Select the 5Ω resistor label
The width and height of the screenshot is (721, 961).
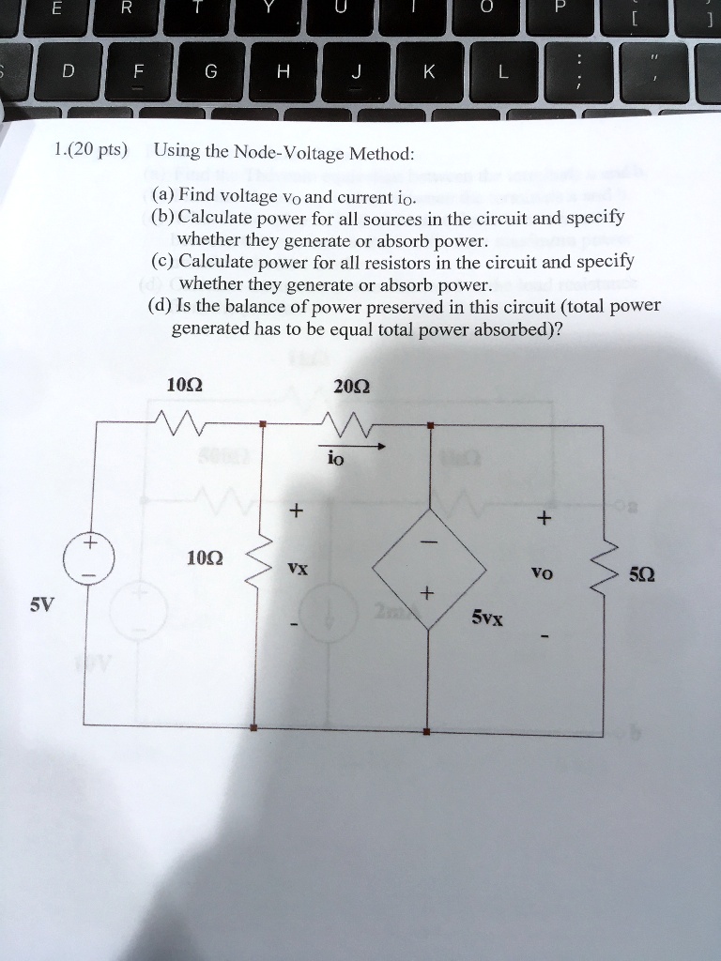[x=642, y=574]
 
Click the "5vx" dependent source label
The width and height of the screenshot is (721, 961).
[x=487, y=618]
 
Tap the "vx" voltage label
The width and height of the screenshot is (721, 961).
[x=297, y=569]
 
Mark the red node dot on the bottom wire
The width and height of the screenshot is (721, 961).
[x=428, y=731]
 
